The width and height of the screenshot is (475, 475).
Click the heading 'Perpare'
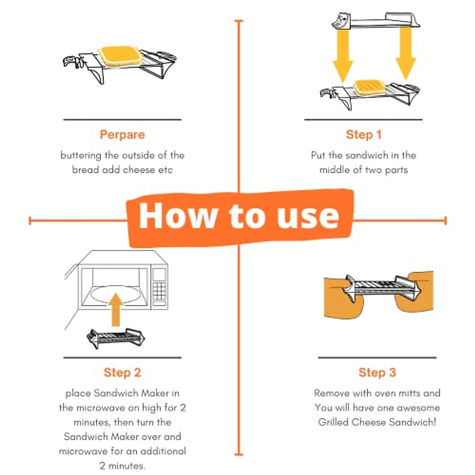[x=122, y=135]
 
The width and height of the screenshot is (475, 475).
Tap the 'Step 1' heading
[x=364, y=135]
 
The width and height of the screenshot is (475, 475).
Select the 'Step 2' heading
[x=122, y=372]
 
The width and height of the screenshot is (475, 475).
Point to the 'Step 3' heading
[x=377, y=372]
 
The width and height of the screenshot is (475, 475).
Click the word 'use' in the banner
[x=308, y=217]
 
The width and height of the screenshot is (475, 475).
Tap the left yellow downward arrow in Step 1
[x=343, y=55]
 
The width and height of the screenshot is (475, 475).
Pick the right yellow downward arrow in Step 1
[x=405, y=53]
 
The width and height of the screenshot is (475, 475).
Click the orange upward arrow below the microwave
[x=116, y=310]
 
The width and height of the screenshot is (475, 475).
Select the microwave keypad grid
[x=159, y=291]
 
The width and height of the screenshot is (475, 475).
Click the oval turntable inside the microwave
[x=116, y=294]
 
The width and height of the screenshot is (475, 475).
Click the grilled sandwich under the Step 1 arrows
[x=369, y=87]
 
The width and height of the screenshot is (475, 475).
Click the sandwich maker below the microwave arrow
[x=116, y=338]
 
